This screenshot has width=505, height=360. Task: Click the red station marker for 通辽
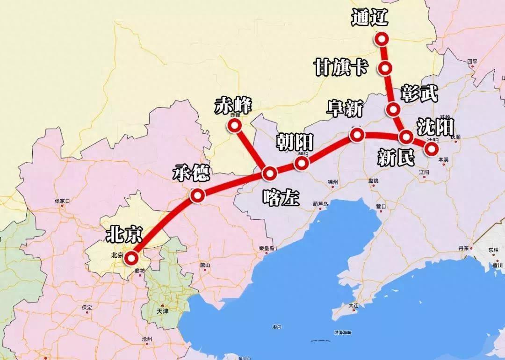pos(382,39)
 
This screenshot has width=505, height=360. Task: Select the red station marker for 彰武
pos(394,110)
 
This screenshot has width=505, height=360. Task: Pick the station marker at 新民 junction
pos(406,137)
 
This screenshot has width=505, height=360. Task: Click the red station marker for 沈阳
pos(431,149)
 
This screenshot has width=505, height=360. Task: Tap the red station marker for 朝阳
pos(302,163)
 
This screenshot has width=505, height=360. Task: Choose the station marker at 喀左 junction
pos(270,174)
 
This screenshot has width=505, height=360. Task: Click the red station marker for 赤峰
pos(233,125)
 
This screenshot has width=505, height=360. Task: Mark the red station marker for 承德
pos(197,196)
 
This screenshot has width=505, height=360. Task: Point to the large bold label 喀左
pos(280,198)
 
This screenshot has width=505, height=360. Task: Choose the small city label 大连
pos(353,305)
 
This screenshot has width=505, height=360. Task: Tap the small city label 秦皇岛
pos(266,248)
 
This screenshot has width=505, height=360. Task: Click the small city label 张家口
pos(62,201)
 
